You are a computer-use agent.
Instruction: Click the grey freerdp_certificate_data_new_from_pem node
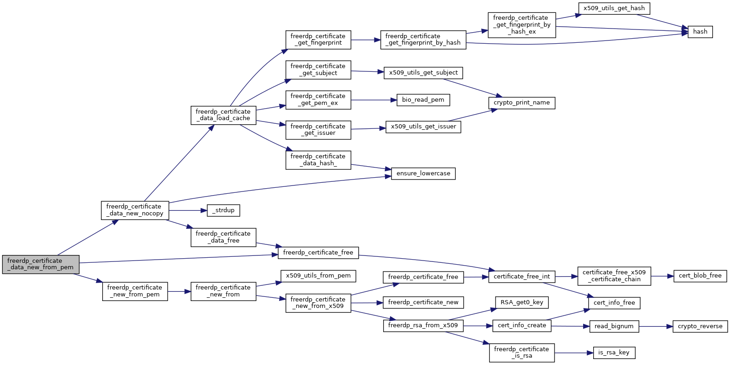(41, 264)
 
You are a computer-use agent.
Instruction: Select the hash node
(700, 32)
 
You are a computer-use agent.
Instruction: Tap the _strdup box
(223, 210)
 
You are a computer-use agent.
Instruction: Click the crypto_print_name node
(522, 103)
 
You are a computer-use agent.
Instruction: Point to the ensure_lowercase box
(423, 174)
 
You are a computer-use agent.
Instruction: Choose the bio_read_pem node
(423, 100)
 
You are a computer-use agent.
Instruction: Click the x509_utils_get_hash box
(614, 8)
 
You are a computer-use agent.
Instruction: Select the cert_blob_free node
(700, 276)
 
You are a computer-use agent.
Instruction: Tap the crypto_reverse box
(700, 326)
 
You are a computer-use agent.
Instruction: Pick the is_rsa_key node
(614, 353)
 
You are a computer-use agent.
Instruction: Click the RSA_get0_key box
(522, 302)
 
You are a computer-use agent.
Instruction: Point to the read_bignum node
(614, 326)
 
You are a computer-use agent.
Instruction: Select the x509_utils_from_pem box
(318, 276)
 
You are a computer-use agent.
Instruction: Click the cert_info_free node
(614, 303)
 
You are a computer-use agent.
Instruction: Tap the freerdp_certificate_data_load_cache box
(223, 115)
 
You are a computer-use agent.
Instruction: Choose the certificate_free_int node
(522, 277)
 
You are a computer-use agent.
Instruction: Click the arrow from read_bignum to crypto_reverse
(656, 326)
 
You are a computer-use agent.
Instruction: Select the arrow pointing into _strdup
(188, 211)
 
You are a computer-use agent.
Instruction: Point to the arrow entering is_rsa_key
(574, 353)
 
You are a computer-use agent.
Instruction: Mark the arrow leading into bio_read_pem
(374, 100)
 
